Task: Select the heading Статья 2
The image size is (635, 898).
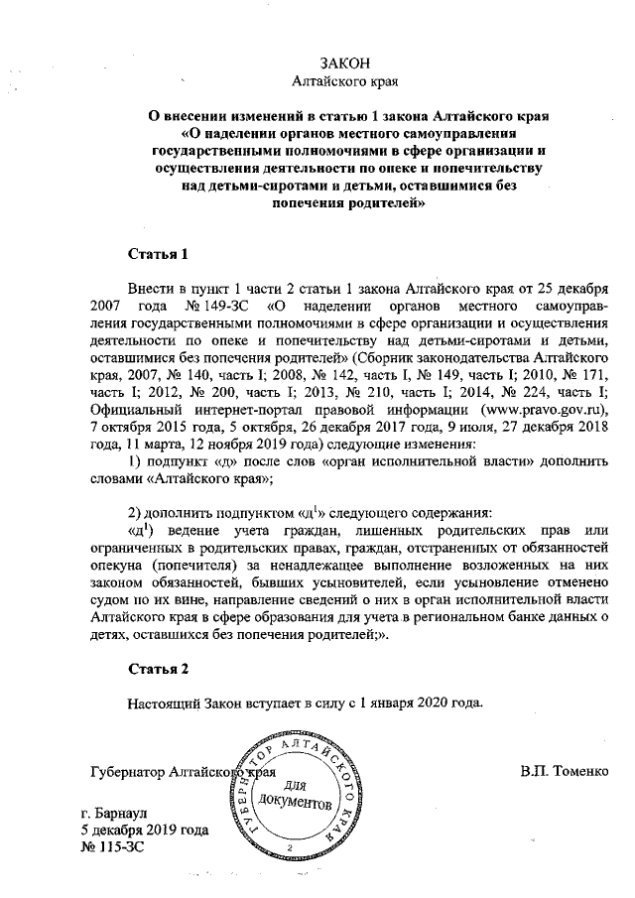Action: pos(157,670)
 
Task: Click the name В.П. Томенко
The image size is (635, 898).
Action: pos(564,770)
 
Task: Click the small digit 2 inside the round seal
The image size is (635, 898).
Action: pos(289,849)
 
